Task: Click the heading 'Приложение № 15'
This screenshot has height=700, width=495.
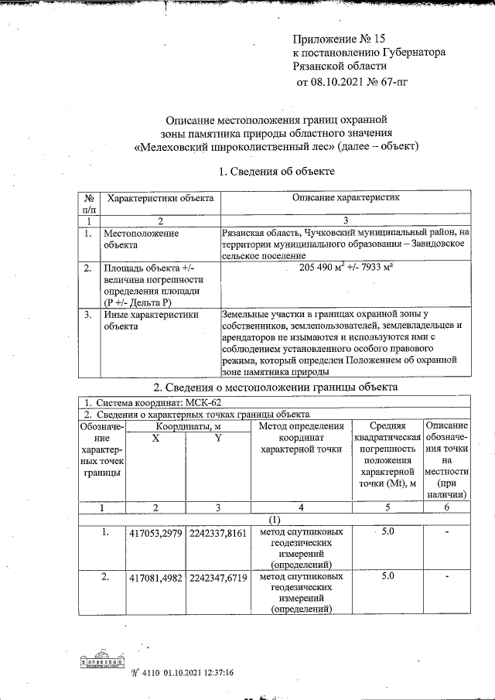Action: pos(338,39)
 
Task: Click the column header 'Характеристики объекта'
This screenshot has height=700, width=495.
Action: pos(160,199)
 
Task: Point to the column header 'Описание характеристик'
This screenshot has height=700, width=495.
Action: pos(345,199)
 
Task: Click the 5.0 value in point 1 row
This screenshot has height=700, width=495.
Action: pos(389,532)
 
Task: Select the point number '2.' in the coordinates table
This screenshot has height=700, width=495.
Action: pos(107,576)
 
